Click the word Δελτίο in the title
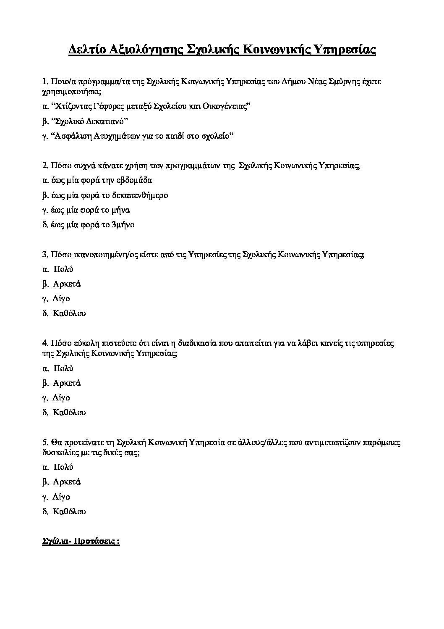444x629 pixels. coord(85,50)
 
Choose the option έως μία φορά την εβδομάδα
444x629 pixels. coord(97,181)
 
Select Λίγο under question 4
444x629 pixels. coord(61,398)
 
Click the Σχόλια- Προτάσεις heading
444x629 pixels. coord(81,542)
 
